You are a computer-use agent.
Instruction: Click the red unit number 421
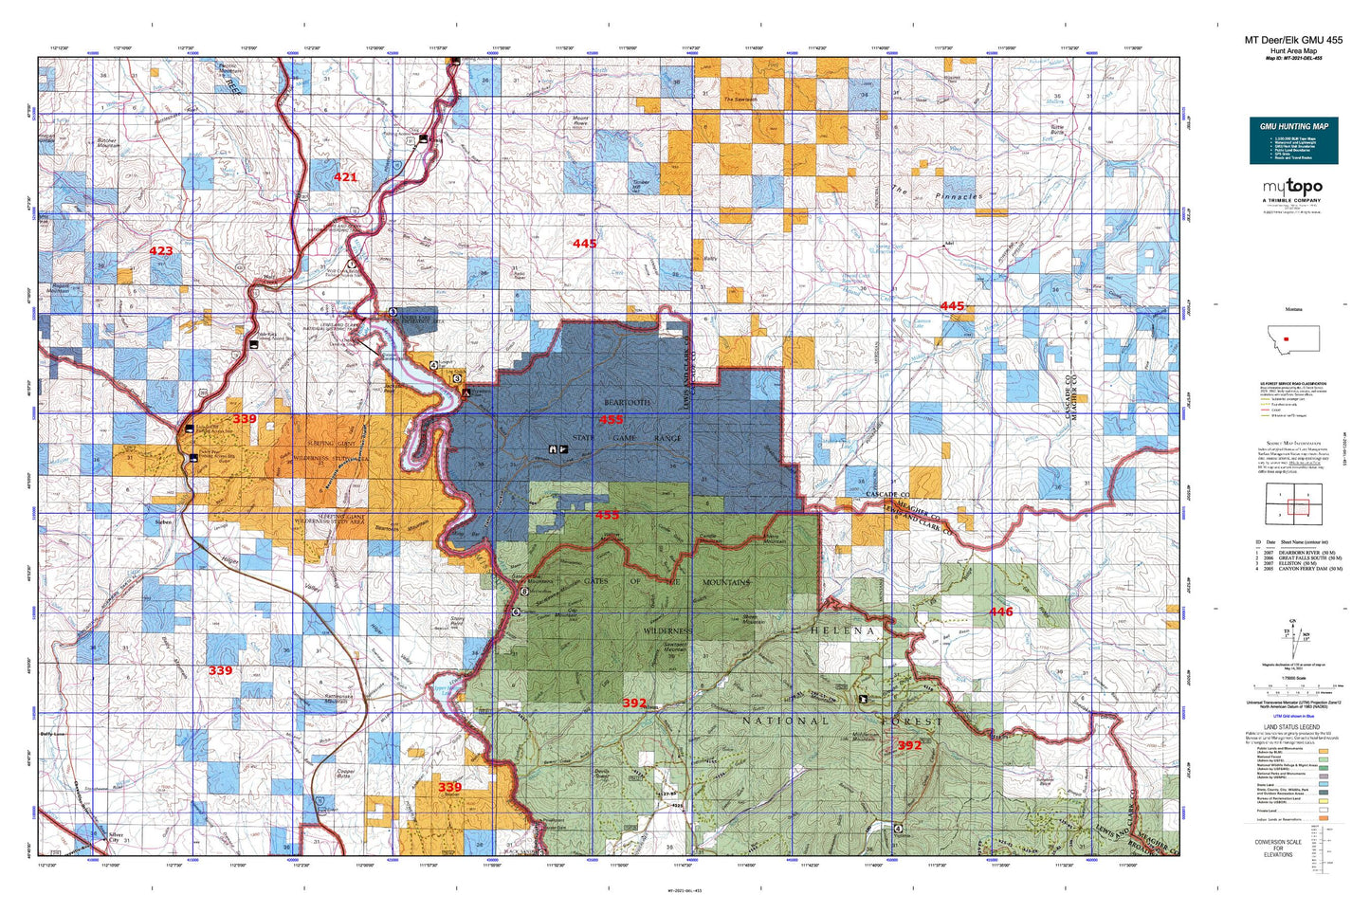click(x=345, y=177)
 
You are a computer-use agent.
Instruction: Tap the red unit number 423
click(x=161, y=251)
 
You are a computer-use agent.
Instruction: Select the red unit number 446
click(x=1001, y=612)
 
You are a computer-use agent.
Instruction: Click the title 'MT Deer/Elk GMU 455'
click(x=1293, y=40)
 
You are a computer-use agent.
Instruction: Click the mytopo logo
click(x=1291, y=188)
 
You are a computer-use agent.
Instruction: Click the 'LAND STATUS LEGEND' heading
click(x=1292, y=727)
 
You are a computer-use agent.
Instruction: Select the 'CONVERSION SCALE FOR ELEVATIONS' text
click(x=1277, y=848)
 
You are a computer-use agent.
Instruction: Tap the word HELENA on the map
click(x=843, y=630)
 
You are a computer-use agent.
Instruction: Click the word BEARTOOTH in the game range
click(x=627, y=403)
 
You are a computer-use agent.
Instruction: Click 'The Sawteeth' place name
click(x=740, y=100)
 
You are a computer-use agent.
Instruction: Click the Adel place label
click(x=947, y=244)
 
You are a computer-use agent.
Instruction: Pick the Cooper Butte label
click(x=347, y=774)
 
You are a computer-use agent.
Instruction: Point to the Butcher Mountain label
click(x=114, y=143)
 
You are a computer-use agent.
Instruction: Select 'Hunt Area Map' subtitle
click(x=1293, y=51)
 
